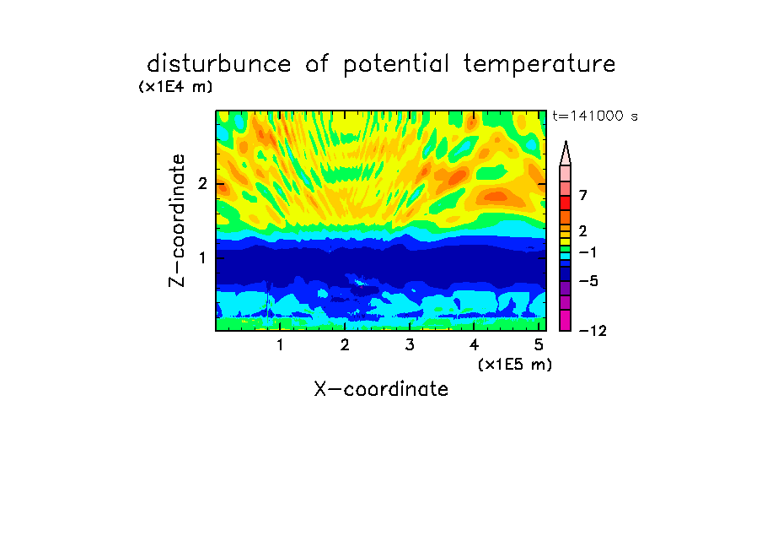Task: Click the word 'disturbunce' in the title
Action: (218, 64)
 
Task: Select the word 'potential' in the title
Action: (396, 65)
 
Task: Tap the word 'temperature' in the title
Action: (539, 65)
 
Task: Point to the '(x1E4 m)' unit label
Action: (175, 87)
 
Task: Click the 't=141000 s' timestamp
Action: (595, 116)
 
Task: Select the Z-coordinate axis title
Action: (177, 220)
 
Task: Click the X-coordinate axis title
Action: (381, 389)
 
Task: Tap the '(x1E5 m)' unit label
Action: (515, 365)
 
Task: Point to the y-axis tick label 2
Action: (202, 184)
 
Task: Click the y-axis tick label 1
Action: (202, 258)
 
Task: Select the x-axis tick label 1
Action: (281, 345)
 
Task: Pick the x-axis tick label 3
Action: (410, 345)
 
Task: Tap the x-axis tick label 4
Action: (475, 345)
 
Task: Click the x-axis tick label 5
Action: (539, 345)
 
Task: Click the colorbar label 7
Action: (583, 195)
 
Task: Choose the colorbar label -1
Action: (588, 252)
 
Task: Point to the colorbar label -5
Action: (588, 281)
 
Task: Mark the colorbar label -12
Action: (593, 331)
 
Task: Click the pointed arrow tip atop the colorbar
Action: (566, 141)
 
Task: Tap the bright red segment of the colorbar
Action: (566, 203)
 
